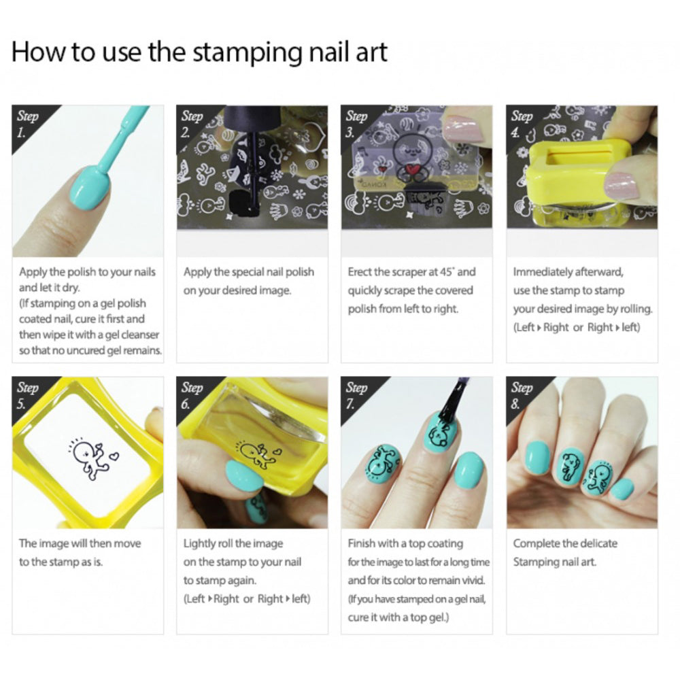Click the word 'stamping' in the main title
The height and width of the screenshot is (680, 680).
[x=247, y=53]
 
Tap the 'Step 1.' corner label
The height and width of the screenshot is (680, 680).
[x=27, y=124]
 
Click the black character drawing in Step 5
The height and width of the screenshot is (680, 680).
[x=90, y=460]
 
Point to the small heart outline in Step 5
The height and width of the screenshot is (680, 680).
[x=114, y=456]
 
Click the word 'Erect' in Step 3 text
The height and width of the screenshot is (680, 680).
[x=359, y=272]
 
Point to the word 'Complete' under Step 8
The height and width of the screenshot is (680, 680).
[x=534, y=544]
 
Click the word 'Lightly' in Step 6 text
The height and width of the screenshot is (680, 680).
[x=199, y=544]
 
